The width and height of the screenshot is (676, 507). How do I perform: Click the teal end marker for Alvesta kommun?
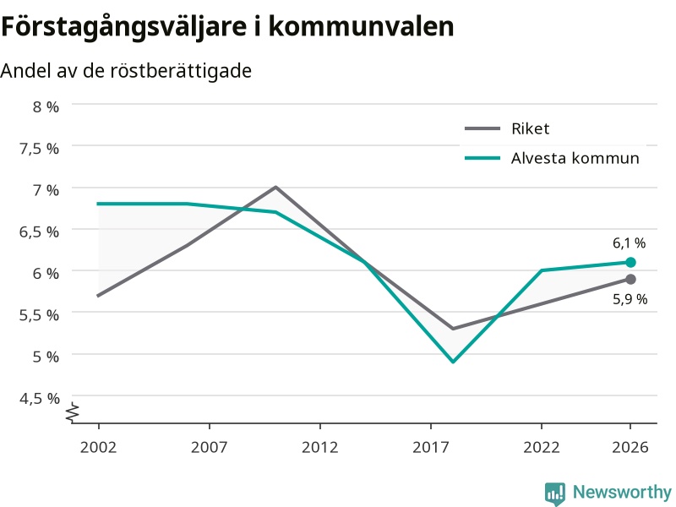[x=630, y=262]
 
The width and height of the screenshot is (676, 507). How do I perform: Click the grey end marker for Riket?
[x=630, y=280]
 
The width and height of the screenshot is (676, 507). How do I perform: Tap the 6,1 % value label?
[x=629, y=243]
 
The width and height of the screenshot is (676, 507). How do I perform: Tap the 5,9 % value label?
[x=630, y=299]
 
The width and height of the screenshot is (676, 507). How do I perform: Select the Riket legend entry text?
[x=531, y=128]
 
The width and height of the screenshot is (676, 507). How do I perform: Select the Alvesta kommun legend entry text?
[x=575, y=158]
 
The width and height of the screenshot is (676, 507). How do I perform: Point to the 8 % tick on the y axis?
[x=46, y=106]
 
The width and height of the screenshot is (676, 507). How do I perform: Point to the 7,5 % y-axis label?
[x=39, y=149]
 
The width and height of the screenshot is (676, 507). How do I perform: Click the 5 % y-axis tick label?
[x=46, y=357]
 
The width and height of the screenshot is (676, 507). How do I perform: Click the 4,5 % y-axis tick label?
[x=39, y=398]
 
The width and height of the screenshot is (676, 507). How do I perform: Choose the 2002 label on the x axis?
[x=98, y=447]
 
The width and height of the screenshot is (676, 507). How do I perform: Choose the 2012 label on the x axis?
[x=320, y=447]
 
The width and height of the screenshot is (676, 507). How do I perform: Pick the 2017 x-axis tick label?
[x=431, y=447]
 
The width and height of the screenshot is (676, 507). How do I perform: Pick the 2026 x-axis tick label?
[x=630, y=447]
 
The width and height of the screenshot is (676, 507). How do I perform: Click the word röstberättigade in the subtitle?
[x=181, y=71]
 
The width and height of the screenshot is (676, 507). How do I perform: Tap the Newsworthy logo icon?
[x=555, y=493]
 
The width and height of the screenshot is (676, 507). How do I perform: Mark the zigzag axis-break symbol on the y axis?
[x=73, y=412]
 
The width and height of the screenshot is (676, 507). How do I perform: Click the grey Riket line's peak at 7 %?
[x=275, y=187]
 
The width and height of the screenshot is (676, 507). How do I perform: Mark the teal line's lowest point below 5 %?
[x=453, y=362]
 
